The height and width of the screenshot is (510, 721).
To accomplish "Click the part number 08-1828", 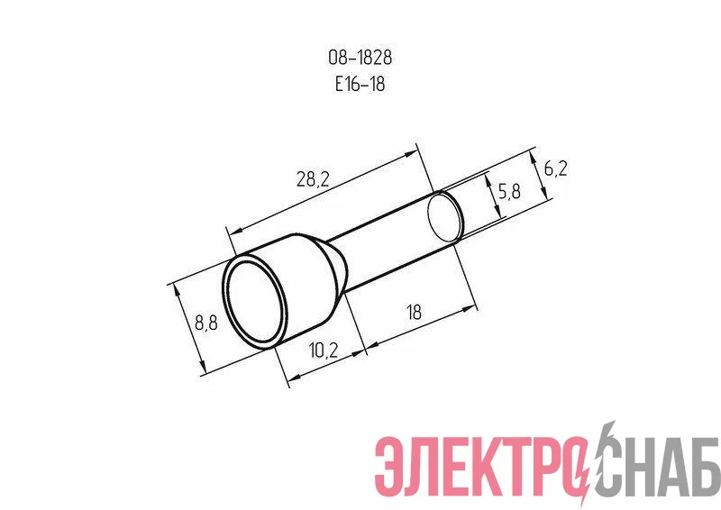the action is tap(360, 58).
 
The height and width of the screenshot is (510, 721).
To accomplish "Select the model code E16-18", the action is tap(360, 84).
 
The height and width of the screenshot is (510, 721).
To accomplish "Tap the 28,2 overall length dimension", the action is tap(313, 178).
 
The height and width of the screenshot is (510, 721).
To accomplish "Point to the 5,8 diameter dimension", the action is tap(509, 190).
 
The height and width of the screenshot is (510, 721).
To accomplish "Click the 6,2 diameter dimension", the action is tap(555, 168).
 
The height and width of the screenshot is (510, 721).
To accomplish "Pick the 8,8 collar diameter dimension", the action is tap(206, 323).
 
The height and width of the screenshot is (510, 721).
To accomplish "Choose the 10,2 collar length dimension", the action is tap(324, 351).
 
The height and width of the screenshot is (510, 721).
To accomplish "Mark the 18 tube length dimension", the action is tap(414, 313).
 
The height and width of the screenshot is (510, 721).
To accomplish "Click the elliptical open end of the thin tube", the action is tap(445, 217).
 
